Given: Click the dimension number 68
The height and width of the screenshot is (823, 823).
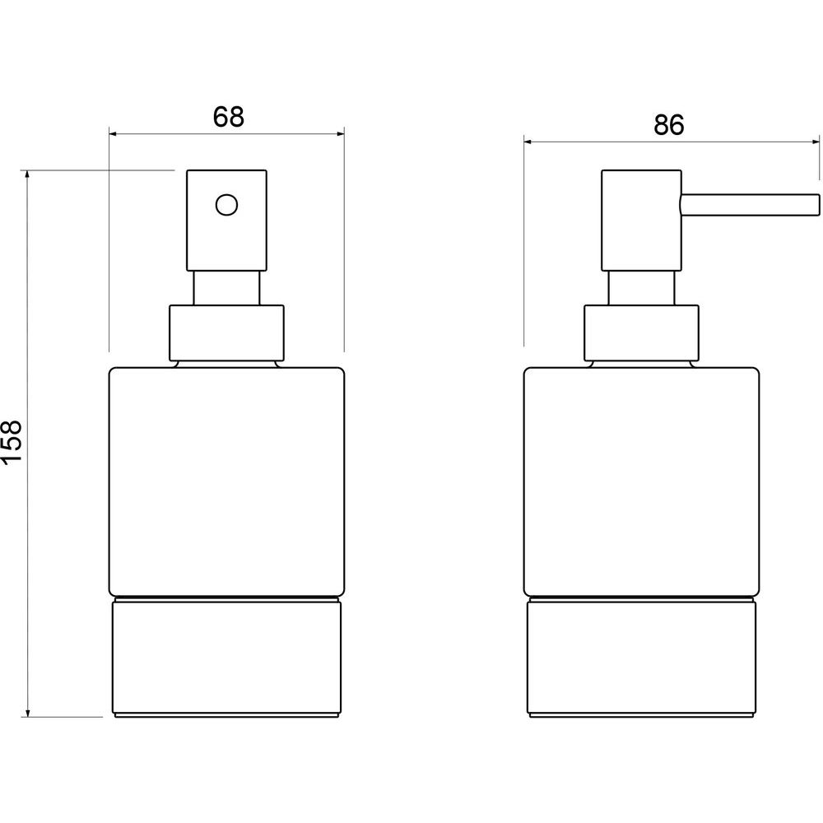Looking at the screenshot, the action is [x=228, y=117].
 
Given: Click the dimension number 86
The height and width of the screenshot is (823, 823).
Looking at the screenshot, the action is [x=669, y=125].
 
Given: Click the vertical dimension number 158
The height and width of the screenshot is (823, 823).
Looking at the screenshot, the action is [x=12, y=441].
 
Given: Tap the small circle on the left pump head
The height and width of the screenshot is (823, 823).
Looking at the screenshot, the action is [x=227, y=205].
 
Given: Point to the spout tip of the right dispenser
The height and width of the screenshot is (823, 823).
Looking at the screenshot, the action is [x=818, y=205].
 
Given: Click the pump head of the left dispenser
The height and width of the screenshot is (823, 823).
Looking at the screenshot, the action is [x=227, y=220].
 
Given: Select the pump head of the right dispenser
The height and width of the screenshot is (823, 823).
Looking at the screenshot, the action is [x=641, y=220].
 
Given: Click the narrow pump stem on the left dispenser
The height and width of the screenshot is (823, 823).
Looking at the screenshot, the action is [x=227, y=288].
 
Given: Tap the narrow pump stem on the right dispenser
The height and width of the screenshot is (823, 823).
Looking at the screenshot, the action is [x=641, y=288].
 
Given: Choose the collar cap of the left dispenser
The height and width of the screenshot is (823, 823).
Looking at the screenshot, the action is [x=227, y=333].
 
